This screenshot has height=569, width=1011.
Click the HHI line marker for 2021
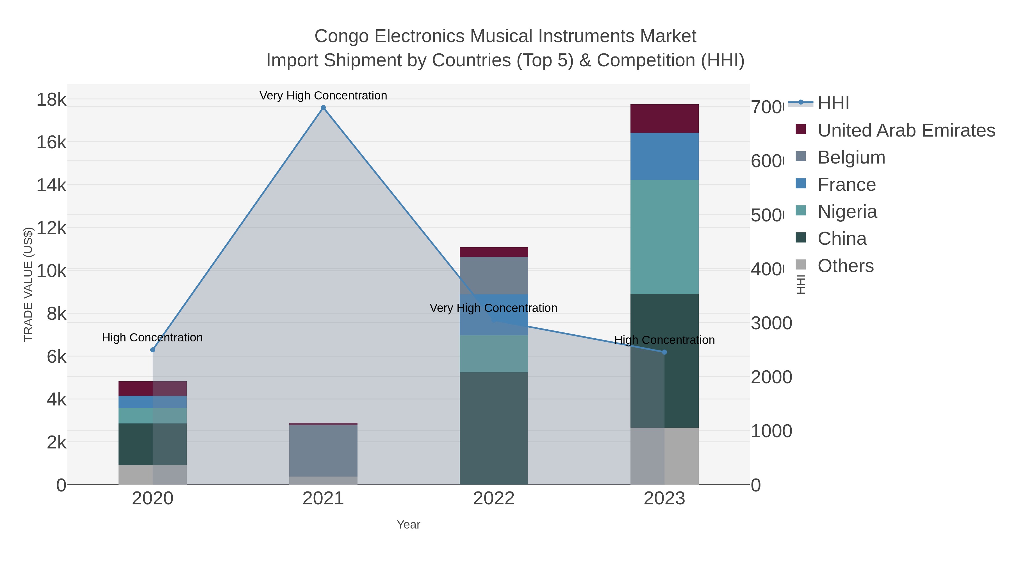pyautogui.click(x=323, y=108)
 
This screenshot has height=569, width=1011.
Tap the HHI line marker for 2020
pyautogui.click(x=153, y=350)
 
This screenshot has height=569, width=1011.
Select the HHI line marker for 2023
pyautogui.click(x=664, y=352)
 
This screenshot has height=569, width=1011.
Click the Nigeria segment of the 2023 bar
pyautogui.click(x=664, y=237)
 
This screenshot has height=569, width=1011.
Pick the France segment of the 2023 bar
pyautogui.click(x=664, y=156)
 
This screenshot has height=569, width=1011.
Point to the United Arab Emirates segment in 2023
pyautogui.click(x=664, y=119)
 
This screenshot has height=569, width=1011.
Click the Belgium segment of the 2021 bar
pyautogui.click(x=323, y=450)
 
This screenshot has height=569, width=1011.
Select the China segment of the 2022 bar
pyautogui.click(x=493, y=428)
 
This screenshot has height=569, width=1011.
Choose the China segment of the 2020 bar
pyautogui.click(x=153, y=444)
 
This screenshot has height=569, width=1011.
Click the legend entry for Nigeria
pyautogui.click(x=847, y=212)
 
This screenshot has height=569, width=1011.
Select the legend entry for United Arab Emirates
pyautogui.click(x=906, y=130)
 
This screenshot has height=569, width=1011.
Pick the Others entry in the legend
pyautogui.click(x=845, y=266)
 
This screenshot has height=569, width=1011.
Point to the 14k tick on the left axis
pyautogui.click(x=51, y=185)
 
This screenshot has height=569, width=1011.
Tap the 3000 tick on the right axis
pyautogui.click(x=771, y=323)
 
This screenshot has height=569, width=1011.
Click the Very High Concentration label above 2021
pyautogui.click(x=323, y=96)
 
